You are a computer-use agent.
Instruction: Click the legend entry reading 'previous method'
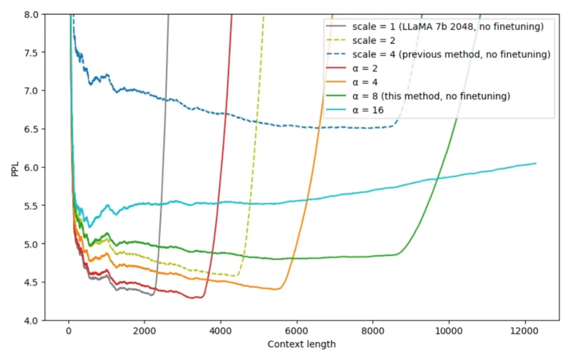click(x=451, y=54)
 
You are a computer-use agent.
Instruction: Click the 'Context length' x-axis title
click(x=302, y=344)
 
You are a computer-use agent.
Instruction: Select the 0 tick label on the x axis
click(x=69, y=331)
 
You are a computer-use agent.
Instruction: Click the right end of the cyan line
click(x=536, y=163)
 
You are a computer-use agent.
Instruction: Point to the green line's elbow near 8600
click(x=399, y=254)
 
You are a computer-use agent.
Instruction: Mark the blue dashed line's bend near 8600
click(x=395, y=125)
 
